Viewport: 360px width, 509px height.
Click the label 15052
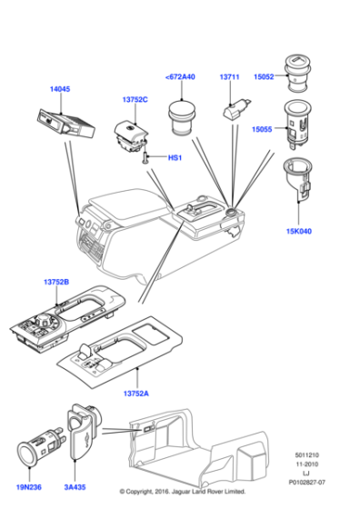tap(264, 77)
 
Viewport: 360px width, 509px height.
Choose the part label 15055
tap(264, 130)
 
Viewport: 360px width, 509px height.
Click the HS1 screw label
tap(175, 158)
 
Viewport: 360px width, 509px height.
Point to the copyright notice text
tap(182, 492)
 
